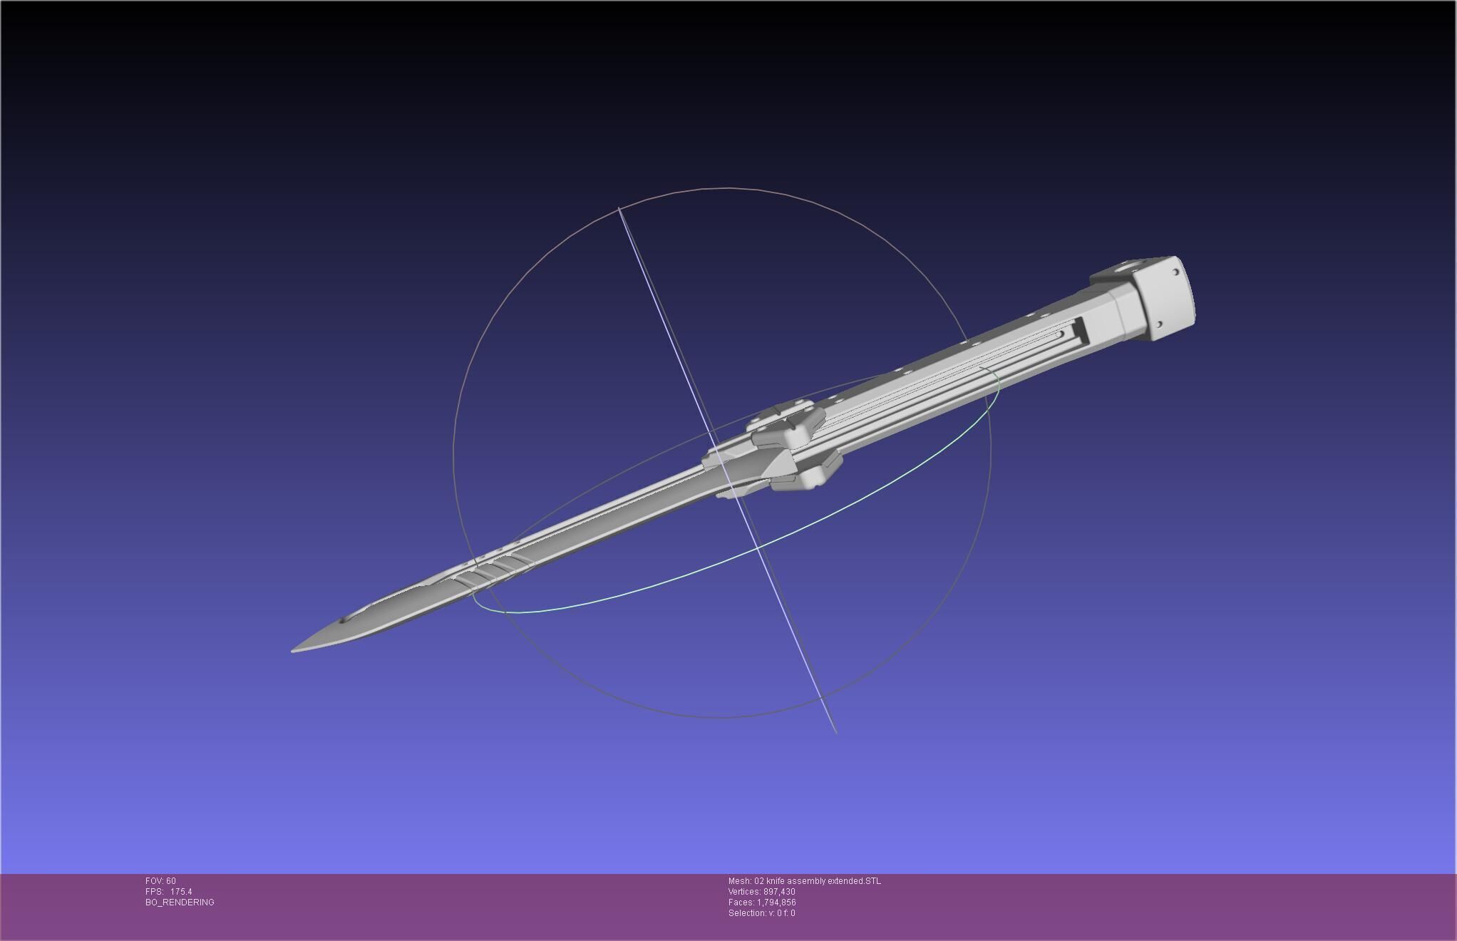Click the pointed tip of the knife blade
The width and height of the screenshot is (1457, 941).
pos(294,649)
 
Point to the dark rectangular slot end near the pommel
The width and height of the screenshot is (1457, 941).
pos(1076,331)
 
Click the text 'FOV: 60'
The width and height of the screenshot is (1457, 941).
pos(160,881)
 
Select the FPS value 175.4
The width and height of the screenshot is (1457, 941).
pos(181,892)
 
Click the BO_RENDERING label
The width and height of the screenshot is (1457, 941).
pos(180,903)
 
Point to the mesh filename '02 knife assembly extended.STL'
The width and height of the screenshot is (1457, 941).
pos(818,881)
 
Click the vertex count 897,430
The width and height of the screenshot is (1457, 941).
pos(779,892)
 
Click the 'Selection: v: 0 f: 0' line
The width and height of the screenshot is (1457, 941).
pos(761,913)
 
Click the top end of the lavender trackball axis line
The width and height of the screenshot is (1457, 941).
pos(619,208)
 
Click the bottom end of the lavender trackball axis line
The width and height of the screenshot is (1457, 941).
pos(836,732)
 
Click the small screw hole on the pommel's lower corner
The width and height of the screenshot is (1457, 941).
pos(1159,325)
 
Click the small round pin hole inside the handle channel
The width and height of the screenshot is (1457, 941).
pos(1061,334)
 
